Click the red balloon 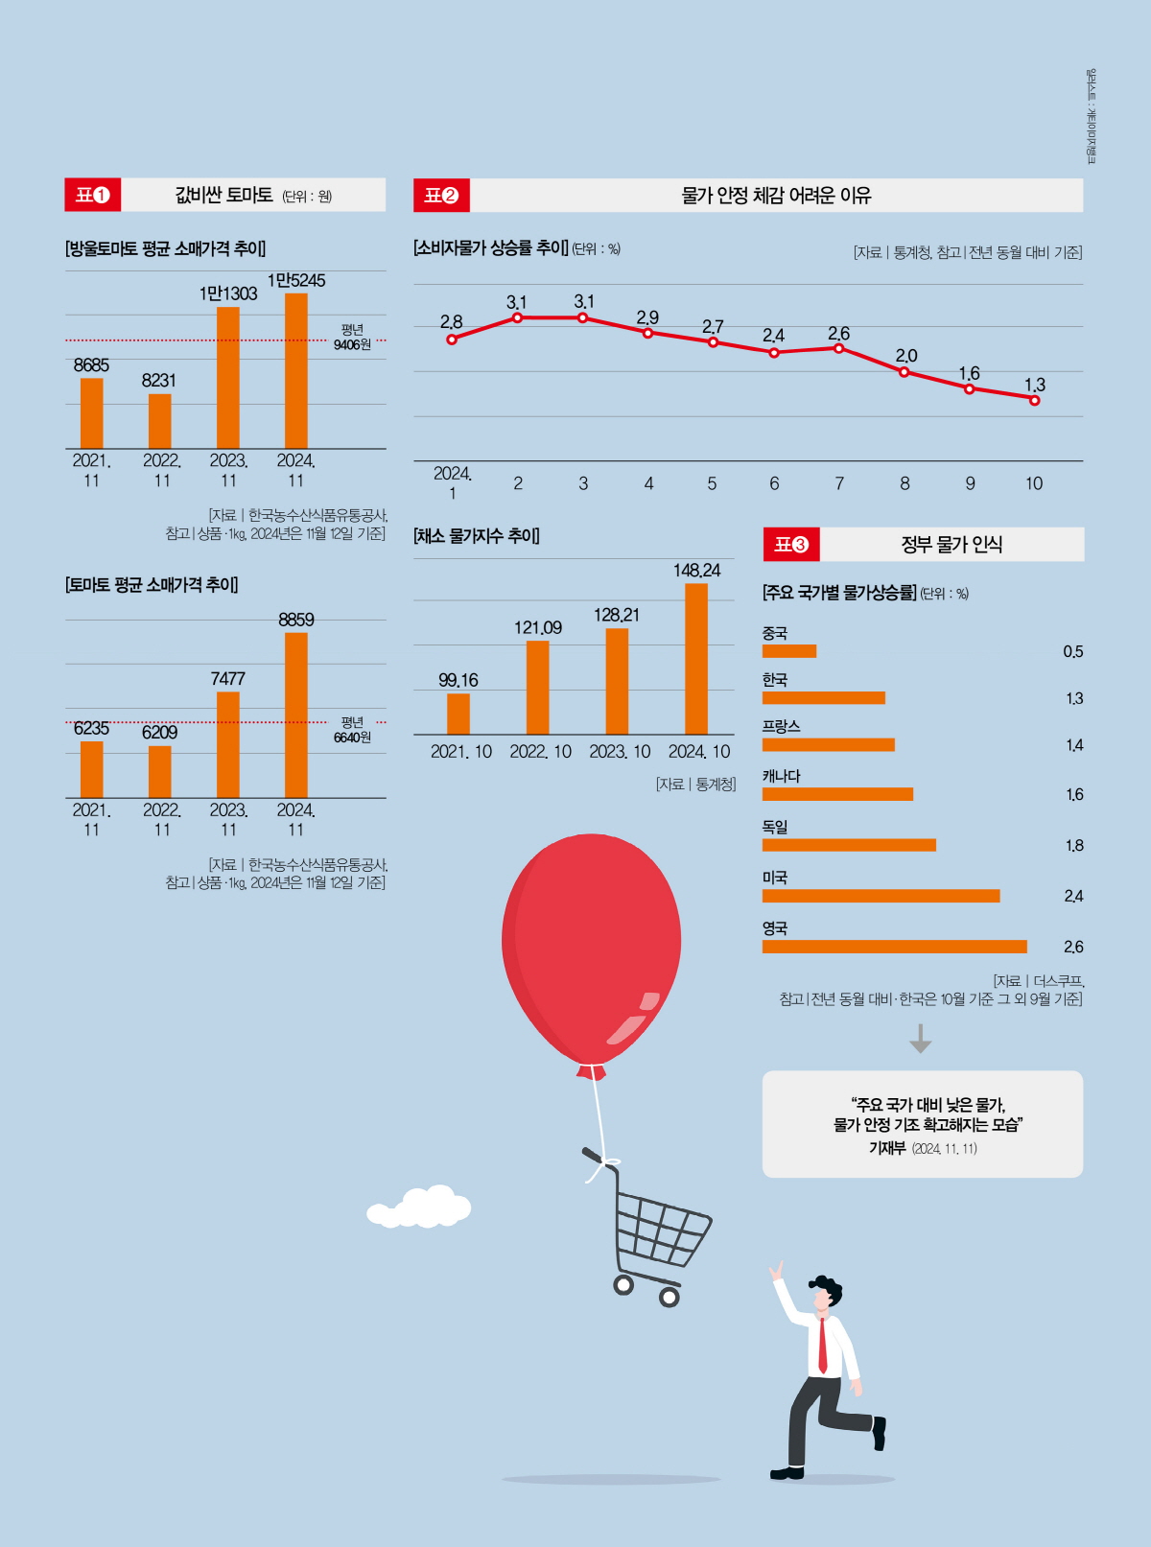(x=591, y=945)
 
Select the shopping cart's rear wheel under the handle (x=623, y=1284)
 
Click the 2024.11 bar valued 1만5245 (x=296, y=371)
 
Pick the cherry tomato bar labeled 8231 (x=160, y=421)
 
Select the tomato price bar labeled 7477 (x=228, y=744)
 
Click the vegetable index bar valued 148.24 (x=696, y=659)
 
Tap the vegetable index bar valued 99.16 (x=458, y=714)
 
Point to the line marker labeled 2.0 (x=904, y=372)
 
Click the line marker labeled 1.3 (x=1034, y=400)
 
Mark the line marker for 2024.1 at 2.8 (x=452, y=339)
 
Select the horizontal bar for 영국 (x=894, y=947)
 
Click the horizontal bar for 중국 (x=788, y=651)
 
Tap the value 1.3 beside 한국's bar (x=1073, y=698)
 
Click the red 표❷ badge (x=441, y=195)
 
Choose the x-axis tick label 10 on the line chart (x=1033, y=483)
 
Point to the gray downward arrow (x=921, y=1039)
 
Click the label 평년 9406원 (x=352, y=337)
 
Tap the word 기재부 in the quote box (x=886, y=1148)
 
